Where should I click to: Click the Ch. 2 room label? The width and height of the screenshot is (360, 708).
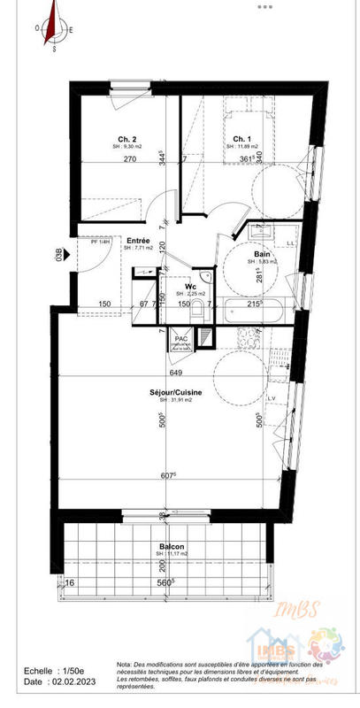pos(127,138)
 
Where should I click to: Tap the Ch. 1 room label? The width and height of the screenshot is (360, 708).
pos(241,138)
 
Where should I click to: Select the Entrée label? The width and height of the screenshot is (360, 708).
pos(137,240)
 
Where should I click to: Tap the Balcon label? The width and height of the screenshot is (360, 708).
pos(172,546)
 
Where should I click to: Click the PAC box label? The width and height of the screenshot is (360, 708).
pos(180,338)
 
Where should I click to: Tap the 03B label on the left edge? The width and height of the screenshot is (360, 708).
pos(60,256)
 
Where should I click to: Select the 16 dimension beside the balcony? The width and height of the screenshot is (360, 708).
pos(70,584)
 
